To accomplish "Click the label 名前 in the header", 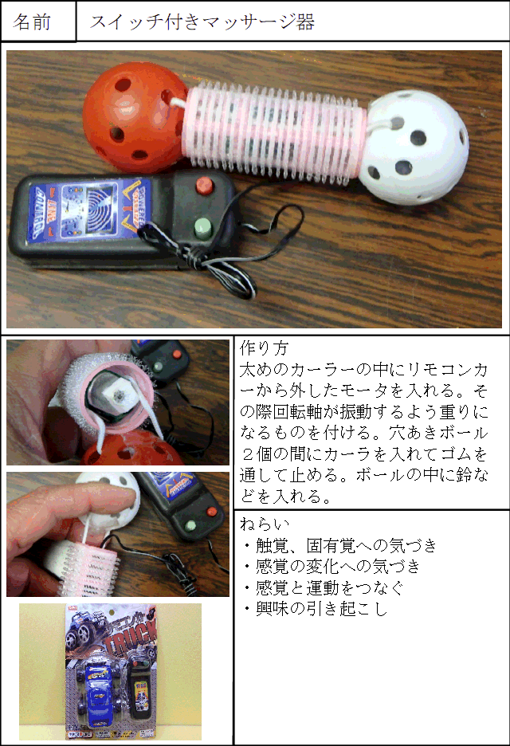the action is (x=32, y=22).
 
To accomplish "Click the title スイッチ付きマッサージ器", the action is (x=202, y=22).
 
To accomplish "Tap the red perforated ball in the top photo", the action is (x=135, y=117).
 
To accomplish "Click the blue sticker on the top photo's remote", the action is (x=89, y=210).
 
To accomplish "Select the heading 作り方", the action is (x=264, y=347).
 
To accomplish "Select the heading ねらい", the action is (x=265, y=524).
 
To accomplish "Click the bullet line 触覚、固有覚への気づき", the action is (x=339, y=545).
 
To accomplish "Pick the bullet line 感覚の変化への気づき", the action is (x=331, y=566).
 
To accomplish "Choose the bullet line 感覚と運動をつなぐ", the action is (x=323, y=587).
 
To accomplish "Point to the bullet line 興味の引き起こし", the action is (x=315, y=608).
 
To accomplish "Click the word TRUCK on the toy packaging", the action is (x=131, y=640).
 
